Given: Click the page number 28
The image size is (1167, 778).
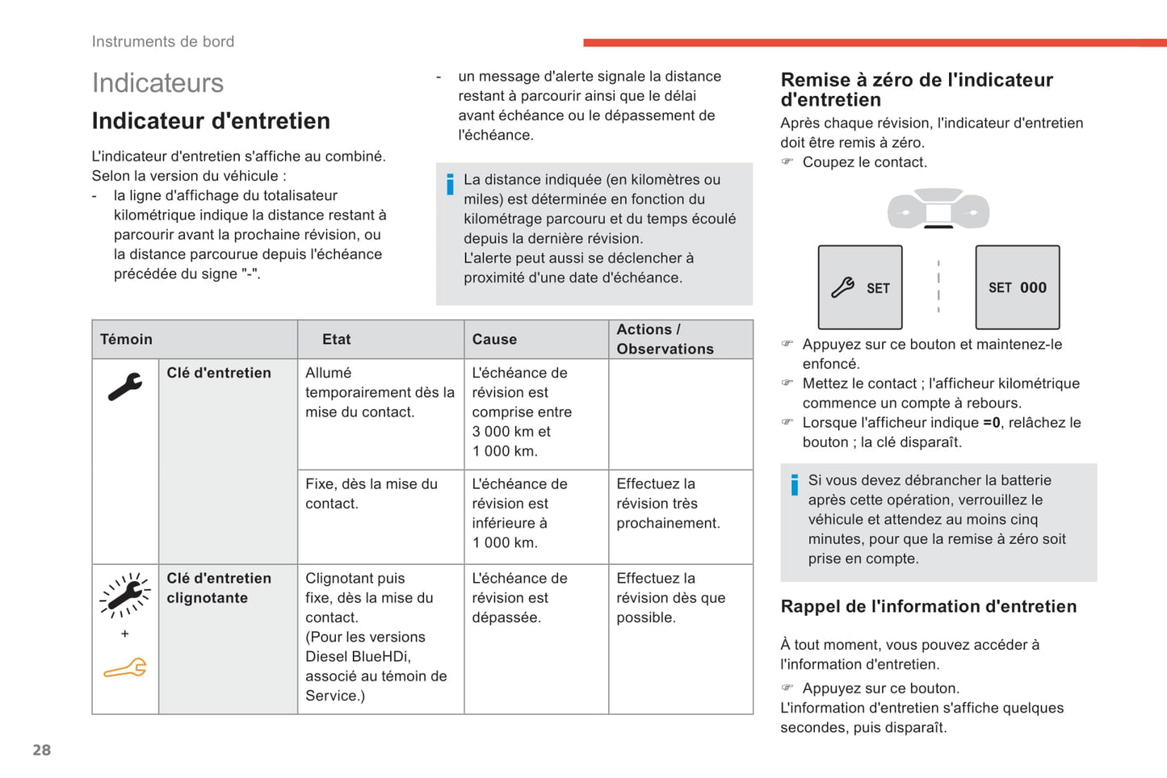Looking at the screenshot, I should (x=41, y=750).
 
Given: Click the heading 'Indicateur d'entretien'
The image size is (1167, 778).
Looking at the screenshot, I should (x=211, y=121).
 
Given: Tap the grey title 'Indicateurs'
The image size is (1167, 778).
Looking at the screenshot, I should (x=157, y=82).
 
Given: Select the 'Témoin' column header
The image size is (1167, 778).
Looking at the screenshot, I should (x=126, y=339).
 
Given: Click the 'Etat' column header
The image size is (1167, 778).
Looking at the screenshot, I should (x=336, y=339).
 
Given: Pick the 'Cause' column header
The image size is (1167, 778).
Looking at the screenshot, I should (x=494, y=339).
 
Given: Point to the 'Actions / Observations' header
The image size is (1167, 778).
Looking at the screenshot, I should (x=665, y=339).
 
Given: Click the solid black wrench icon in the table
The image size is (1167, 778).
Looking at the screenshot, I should (x=125, y=387).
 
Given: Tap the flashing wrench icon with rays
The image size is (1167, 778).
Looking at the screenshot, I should (x=125, y=596).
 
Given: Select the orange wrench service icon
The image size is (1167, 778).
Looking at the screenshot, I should (x=125, y=668).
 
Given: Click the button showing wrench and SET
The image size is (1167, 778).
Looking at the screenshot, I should (x=860, y=287).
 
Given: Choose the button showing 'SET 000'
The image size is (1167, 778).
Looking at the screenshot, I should (x=1018, y=287).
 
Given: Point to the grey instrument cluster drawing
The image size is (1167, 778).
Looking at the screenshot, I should (x=938, y=209).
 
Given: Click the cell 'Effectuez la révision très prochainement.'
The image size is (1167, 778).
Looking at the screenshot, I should (x=668, y=504).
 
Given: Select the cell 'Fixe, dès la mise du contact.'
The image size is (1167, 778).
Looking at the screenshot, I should (x=372, y=494).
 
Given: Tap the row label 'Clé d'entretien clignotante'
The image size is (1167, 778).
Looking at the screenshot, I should (x=219, y=588).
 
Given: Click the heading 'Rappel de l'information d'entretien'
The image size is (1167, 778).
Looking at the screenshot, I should (x=929, y=606).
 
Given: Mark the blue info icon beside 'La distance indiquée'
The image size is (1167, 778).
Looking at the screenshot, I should (x=450, y=184).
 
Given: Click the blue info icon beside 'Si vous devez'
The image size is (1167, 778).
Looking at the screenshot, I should (x=795, y=484).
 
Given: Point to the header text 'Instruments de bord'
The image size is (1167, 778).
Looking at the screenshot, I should (x=163, y=41).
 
